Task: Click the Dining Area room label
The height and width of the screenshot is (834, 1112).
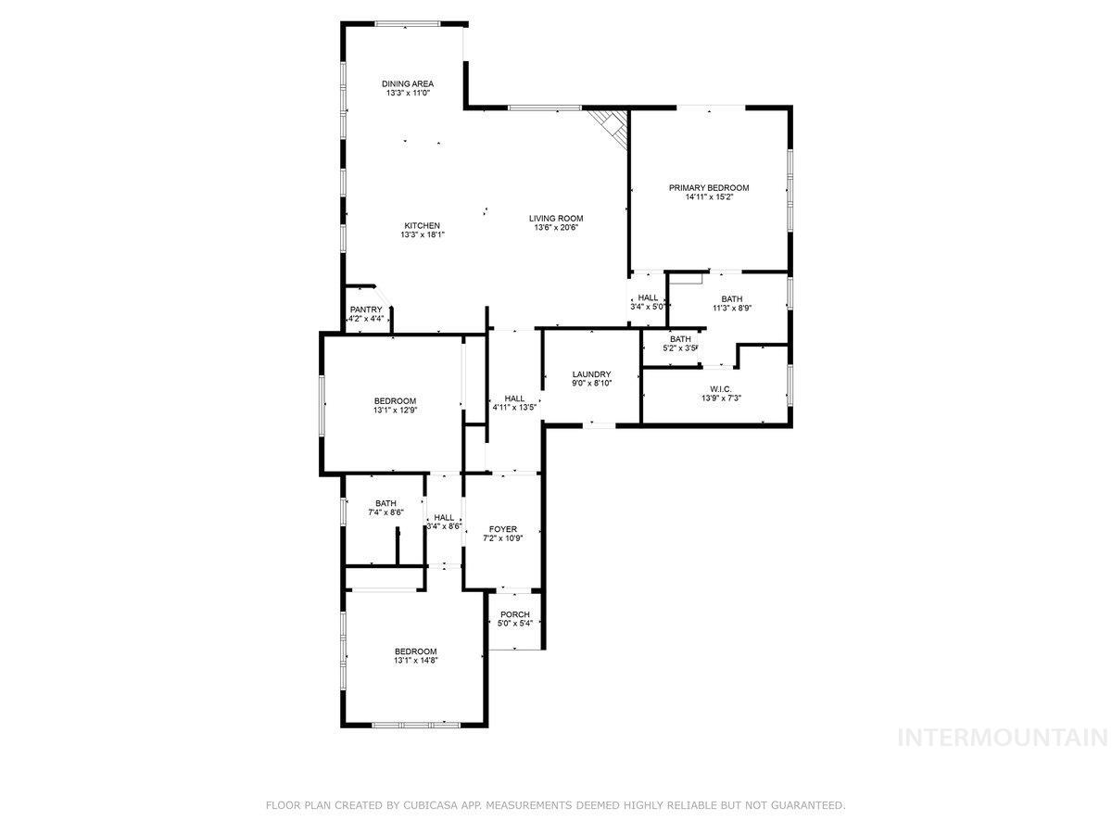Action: point(408,83)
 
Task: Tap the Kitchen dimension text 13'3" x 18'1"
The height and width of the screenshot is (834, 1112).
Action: point(422,235)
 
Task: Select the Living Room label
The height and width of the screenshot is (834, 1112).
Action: point(556,219)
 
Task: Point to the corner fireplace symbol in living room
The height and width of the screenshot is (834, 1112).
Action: point(612,124)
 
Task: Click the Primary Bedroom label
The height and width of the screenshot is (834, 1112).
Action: point(709,188)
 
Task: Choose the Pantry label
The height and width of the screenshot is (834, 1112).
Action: point(366,310)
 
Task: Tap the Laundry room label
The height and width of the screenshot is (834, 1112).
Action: point(591,374)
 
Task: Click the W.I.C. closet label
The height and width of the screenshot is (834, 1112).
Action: point(721,388)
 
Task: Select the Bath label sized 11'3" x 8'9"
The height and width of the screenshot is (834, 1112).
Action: point(732,298)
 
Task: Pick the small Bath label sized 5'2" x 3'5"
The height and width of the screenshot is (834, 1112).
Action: point(680,339)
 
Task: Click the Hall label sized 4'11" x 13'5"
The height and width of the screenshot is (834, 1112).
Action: point(514,398)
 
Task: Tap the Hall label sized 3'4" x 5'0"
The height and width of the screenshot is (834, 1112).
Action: point(648,297)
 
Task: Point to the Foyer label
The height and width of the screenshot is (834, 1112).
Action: point(503,529)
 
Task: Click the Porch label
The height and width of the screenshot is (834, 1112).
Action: point(514,614)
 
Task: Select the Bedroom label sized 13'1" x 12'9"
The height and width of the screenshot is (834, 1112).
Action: point(395,400)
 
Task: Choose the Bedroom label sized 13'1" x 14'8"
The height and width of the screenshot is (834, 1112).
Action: point(415,651)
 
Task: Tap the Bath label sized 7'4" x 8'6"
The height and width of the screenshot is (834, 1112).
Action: point(385,503)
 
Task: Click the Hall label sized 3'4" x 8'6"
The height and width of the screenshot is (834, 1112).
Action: point(444,518)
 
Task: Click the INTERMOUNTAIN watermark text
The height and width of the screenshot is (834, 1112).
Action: point(1004,738)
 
